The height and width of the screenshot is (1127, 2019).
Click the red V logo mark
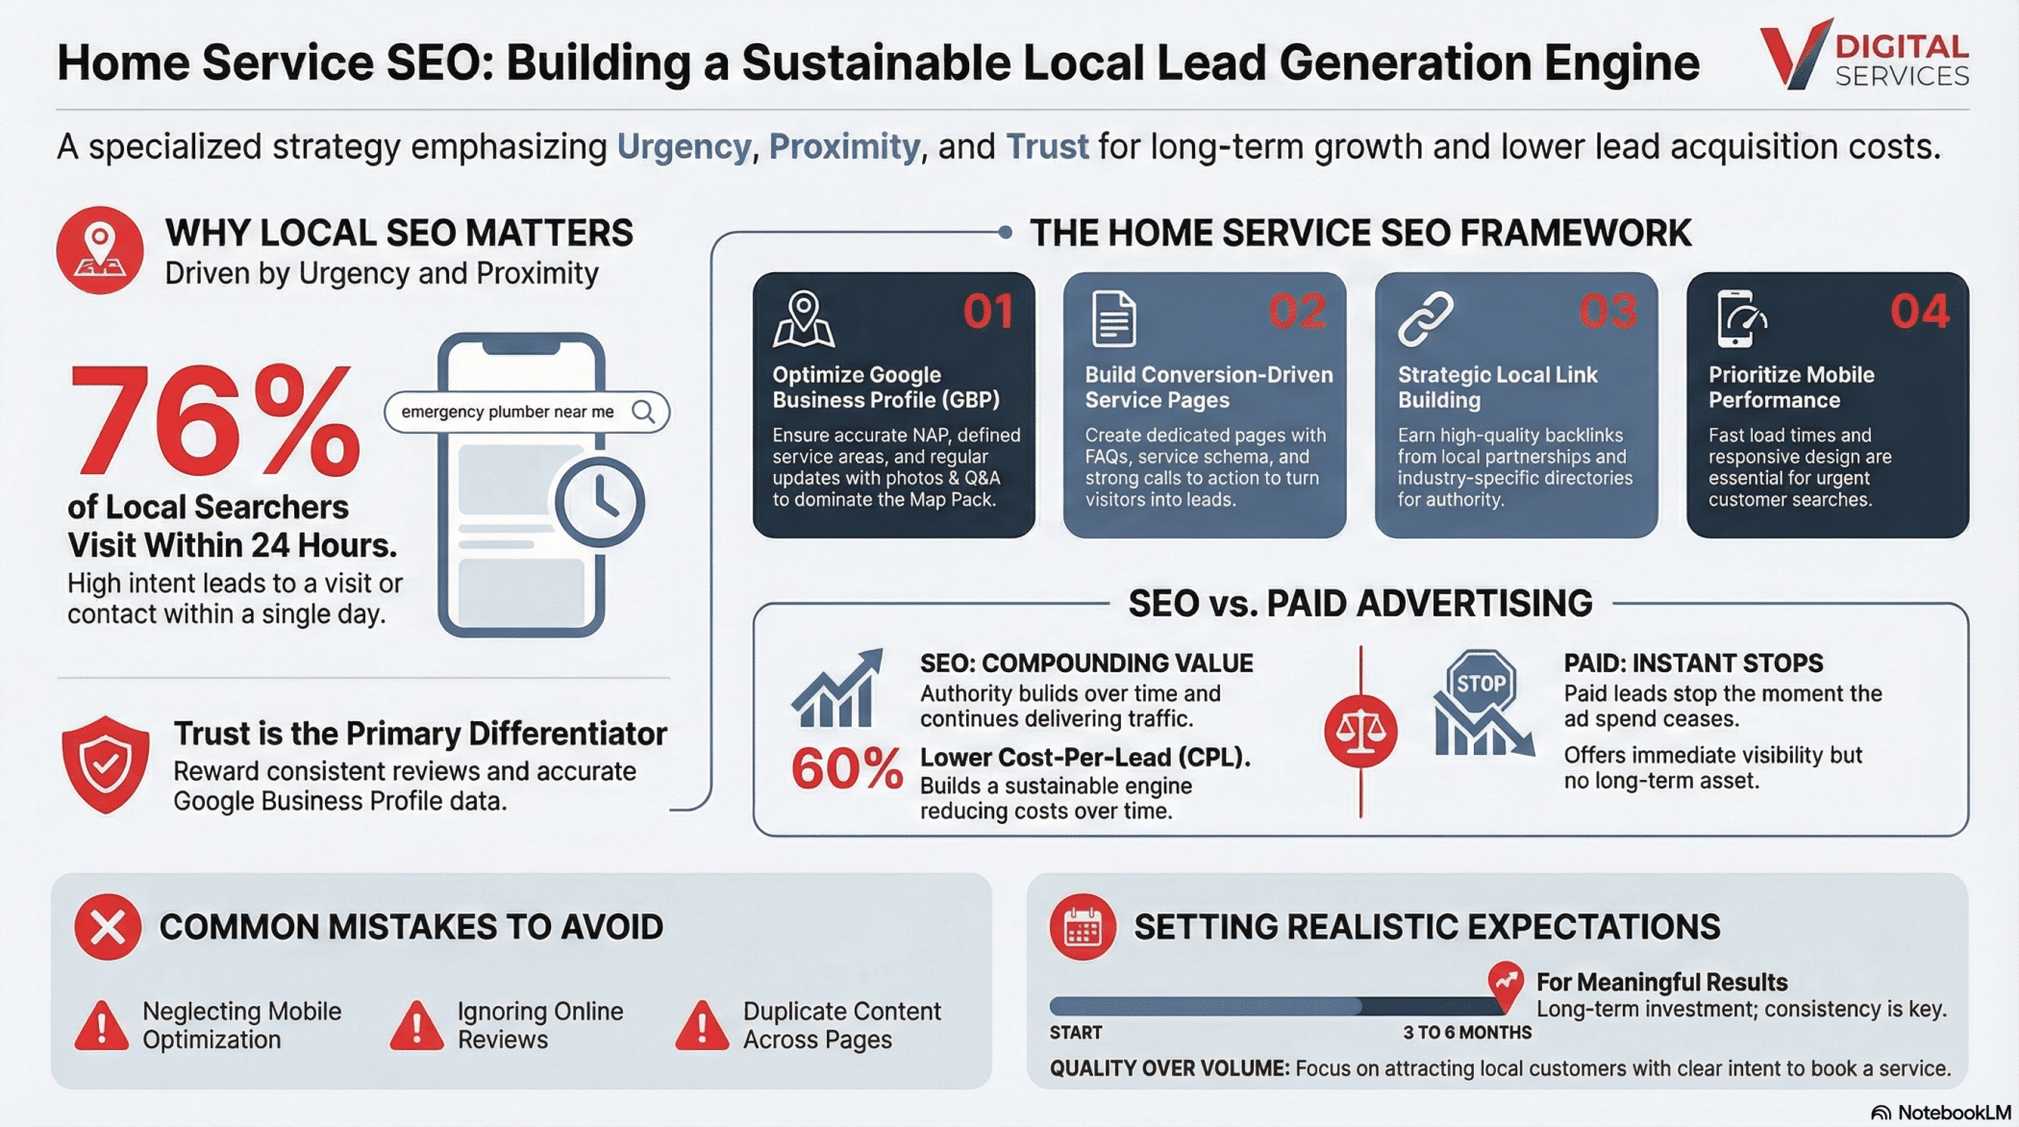point(1794,54)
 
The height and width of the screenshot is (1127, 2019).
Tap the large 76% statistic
point(213,421)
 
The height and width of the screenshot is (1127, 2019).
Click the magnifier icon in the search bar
point(644,413)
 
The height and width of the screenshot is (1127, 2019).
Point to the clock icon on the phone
point(600,502)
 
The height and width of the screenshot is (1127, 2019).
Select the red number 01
point(988,312)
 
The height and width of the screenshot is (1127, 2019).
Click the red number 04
point(1920,312)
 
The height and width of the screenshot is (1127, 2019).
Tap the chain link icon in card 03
point(1426,318)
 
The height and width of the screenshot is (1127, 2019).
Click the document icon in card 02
point(1114,318)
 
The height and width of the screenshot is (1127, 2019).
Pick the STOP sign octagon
point(1482,683)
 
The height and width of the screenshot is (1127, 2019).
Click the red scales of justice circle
point(1360,732)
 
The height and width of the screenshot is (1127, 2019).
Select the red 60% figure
point(847,769)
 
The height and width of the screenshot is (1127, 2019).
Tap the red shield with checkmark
point(106,764)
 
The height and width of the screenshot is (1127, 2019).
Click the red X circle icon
point(108,927)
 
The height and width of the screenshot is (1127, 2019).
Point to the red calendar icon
point(1083,927)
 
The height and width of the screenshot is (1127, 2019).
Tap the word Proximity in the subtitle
point(844,147)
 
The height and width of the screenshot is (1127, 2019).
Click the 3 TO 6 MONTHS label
point(1467,1033)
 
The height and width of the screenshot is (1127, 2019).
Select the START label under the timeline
point(1076,1033)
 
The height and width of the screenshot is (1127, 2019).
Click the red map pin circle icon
point(100,250)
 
